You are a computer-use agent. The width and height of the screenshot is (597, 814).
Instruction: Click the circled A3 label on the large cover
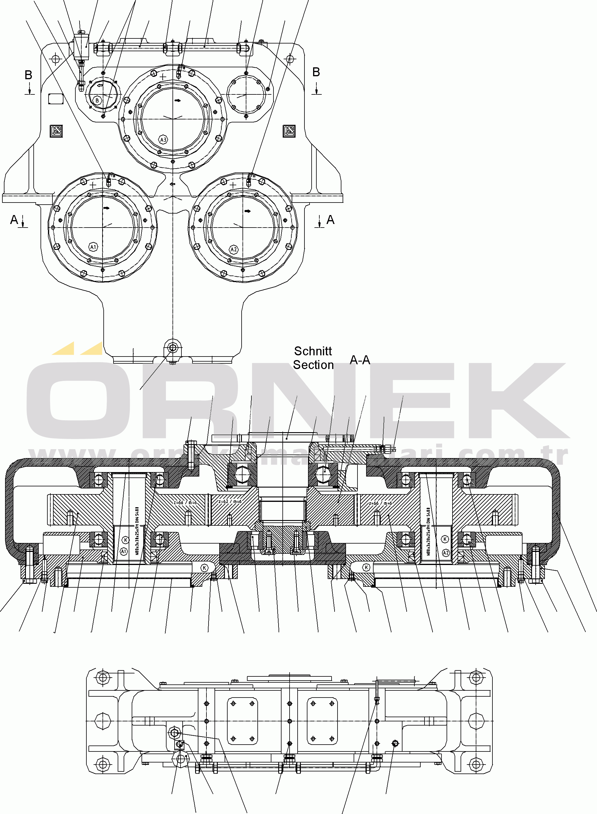tap(163, 139)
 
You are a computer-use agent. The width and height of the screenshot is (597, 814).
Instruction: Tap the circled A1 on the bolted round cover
tap(93, 247)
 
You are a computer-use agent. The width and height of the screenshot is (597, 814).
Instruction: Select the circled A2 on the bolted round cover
tap(234, 249)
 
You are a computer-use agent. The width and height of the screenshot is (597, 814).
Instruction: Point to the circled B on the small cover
tap(97, 100)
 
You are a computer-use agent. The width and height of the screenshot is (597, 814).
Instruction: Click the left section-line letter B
tap(28, 75)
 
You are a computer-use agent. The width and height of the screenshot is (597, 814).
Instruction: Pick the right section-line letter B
tap(316, 72)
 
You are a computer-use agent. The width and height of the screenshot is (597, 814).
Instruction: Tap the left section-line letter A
tap(14, 220)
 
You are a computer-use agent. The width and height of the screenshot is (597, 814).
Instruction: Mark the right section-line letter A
tap(330, 220)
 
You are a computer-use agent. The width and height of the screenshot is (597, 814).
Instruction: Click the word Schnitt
tap(313, 351)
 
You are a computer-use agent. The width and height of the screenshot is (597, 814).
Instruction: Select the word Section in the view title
tap(313, 365)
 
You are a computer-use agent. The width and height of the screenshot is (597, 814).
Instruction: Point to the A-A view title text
tap(360, 360)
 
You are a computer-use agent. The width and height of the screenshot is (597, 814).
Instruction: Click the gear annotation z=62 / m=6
tap(230, 502)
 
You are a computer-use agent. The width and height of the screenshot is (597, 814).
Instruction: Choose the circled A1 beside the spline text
tap(124, 551)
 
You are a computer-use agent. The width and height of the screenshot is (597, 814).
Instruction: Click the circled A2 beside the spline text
tap(446, 553)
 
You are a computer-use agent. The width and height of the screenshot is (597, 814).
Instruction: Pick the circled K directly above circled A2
tap(445, 539)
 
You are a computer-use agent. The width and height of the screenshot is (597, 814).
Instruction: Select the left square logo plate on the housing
tap(56, 131)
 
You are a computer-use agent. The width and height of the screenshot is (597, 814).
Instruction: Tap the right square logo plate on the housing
tap(289, 131)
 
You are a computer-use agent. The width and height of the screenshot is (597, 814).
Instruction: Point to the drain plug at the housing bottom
tap(173, 348)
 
